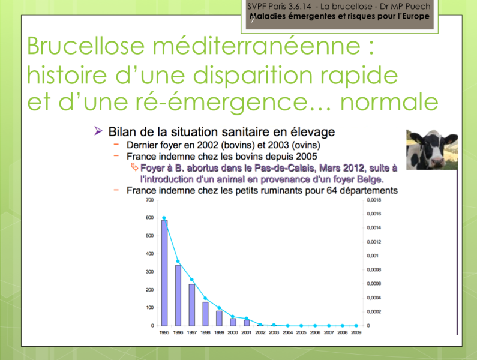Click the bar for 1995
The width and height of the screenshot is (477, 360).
164,273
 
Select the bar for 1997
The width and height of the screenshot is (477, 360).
191,305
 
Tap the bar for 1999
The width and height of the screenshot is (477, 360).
219,319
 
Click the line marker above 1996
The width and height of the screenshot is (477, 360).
178,262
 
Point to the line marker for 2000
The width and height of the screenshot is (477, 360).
233,316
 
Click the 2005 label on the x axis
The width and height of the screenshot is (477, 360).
301,332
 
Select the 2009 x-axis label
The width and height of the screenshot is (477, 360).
356,332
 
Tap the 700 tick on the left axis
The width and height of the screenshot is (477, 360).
149,200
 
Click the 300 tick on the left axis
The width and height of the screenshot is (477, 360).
149,272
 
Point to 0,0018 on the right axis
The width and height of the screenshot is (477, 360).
374,200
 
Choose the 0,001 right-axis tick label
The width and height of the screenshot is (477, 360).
373,256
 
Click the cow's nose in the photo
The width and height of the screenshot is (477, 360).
437,161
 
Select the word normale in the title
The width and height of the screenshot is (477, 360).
389,102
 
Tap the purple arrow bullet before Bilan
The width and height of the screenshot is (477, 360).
98,131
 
